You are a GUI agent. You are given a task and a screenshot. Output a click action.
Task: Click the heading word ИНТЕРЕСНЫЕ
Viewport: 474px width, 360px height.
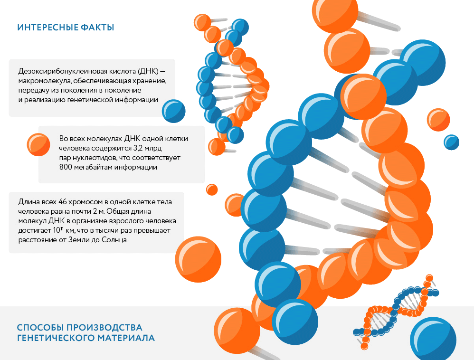[47, 28]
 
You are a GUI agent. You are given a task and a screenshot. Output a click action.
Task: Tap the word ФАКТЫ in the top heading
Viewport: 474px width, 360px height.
[98, 28]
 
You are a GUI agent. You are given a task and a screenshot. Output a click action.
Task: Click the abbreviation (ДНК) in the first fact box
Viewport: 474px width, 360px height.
[148, 71]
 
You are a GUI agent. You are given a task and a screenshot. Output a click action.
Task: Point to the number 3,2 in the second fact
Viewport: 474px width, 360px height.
[138, 148]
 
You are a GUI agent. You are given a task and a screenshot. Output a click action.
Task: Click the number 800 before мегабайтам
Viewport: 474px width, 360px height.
[65, 167]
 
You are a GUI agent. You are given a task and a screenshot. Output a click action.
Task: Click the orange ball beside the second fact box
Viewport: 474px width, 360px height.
[38, 144]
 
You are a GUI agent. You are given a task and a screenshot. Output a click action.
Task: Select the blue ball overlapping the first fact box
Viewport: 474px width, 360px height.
[173, 111]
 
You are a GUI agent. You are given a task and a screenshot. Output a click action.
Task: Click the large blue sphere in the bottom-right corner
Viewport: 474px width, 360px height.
[433, 339]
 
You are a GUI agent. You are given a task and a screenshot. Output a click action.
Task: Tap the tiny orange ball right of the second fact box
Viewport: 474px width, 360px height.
[212, 189]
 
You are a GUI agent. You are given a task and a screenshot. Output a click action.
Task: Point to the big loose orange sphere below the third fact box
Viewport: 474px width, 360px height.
[198, 259]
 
